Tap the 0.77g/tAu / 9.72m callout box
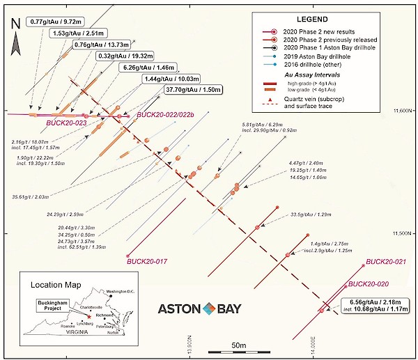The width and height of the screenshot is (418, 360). tap(57, 22)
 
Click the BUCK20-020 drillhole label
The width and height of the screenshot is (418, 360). tap(366, 284)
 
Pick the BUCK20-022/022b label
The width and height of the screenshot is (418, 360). tap(167, 114)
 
